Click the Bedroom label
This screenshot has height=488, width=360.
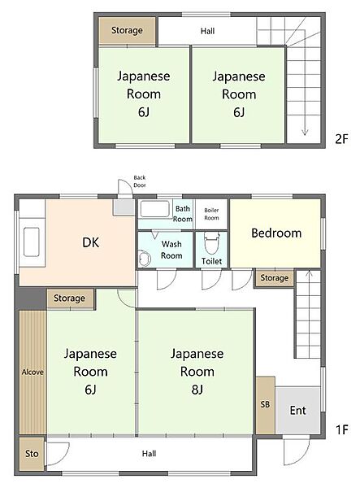click(x=275, y=233)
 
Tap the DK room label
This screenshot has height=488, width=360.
click(x=91, y=242)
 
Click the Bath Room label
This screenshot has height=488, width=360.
click(x=183, y=214)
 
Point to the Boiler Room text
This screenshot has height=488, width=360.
click(x=211, y=215)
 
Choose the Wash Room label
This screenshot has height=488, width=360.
click(x=171, y=250)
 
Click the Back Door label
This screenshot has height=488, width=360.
click(x=140, y=182)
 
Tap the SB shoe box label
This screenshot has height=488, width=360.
click(x=265, y=404)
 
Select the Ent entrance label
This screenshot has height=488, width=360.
click(x=298, y=410)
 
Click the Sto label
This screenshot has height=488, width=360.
click(x=31, y=454)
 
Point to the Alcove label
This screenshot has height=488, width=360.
click(x=33, y=372)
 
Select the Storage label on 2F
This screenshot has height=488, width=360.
click(x=126, y=31)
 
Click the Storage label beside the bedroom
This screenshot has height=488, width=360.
click(x=274, y=278)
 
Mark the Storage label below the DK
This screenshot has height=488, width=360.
click(x=69, y=298)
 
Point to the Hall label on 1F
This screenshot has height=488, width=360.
click(x=149, y=454)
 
